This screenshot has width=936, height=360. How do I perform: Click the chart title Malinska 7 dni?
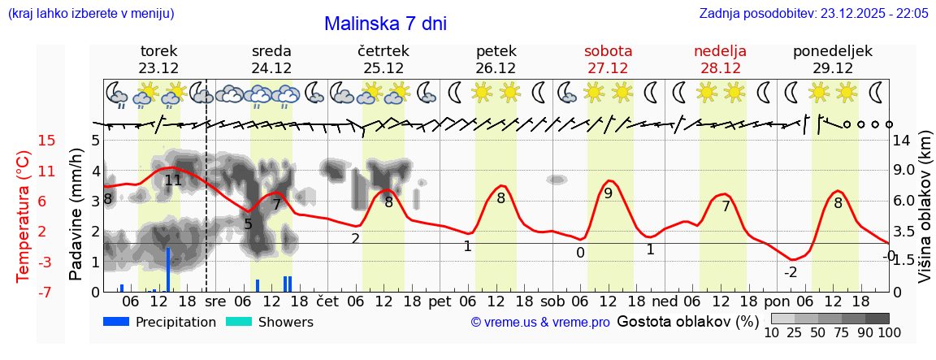point(385,24)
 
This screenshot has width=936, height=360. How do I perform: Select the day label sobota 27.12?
point(608,59)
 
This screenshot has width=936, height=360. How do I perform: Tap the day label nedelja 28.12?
point(720,59)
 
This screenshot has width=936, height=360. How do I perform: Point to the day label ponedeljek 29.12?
point(833,59)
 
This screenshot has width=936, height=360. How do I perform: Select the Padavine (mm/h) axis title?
point(76,215)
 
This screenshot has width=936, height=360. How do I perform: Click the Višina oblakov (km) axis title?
point(925,215)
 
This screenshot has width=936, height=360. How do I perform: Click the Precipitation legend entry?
point(160,322)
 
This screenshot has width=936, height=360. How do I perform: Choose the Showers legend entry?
point(269,322)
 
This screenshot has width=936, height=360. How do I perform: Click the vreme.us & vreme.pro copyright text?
point(540,322)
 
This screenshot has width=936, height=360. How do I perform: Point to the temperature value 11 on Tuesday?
point(173,180)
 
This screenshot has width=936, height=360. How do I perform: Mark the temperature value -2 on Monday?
point(790,272)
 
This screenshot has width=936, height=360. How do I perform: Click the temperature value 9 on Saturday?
point(608,193)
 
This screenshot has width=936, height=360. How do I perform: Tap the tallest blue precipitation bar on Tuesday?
point(168,269)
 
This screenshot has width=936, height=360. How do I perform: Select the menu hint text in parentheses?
point(90,14)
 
